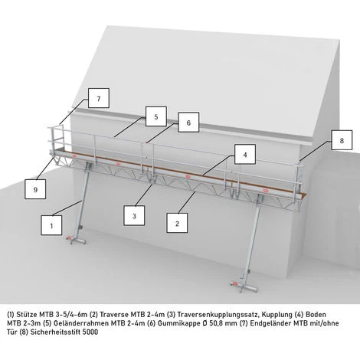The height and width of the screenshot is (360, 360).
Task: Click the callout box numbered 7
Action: click(99, 98)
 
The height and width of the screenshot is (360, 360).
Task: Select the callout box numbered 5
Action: click(156, 116)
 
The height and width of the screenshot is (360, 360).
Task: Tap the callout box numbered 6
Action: click(188, 123)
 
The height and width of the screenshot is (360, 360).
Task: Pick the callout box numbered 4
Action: click(245, 154)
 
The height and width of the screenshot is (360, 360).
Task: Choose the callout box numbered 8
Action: click(342, 140)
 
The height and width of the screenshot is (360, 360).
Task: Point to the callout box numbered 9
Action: click(35, 189)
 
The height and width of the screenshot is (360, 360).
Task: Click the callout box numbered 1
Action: click(51, 225)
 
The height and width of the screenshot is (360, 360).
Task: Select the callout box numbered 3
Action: click(134, 216)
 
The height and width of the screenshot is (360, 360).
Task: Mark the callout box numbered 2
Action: click(177, 223)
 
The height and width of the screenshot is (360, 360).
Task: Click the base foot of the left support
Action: click(77, 240)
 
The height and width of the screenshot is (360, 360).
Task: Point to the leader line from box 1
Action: click(67, 208)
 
